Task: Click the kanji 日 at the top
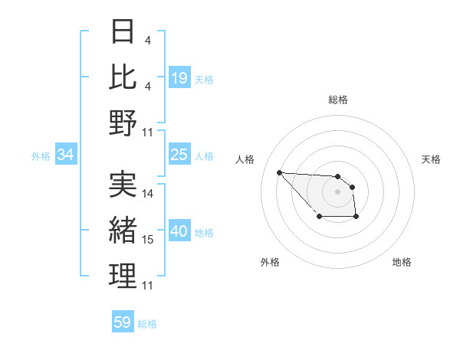[123, 31]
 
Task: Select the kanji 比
[123, 77]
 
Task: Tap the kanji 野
[123, 123]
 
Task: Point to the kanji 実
[123, 185]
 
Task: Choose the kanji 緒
[123, 230]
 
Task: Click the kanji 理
[123, 276]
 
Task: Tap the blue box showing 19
[179, 77]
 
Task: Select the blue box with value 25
[179, 155]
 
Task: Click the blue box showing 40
[179, 231]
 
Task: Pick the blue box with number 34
[66, 155]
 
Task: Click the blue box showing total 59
[123, 322]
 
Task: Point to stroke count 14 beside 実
[148, 194]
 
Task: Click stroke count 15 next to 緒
[148, 240]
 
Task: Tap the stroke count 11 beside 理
[148, 286]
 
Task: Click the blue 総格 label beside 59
[147, 324]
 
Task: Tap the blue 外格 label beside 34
[41, 156]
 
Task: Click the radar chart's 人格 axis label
[245, 159]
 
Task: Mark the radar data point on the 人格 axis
[279, 172]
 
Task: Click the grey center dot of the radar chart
[337, 191]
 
